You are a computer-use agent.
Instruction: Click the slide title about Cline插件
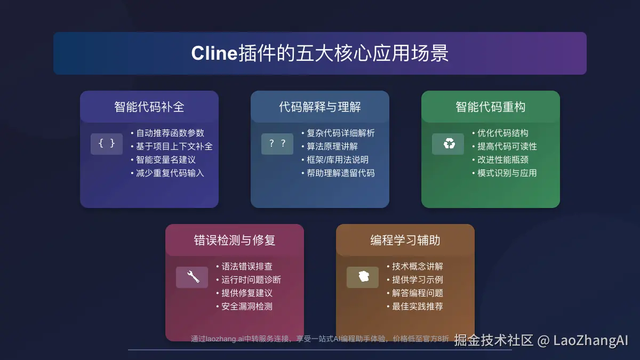(x=319, y=53)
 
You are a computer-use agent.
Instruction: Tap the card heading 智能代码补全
(x=149, y=107)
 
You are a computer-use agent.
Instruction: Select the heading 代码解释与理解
(x=320, y=107)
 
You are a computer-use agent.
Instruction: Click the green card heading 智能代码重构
(x=491, y=107)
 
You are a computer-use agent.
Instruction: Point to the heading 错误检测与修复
(x=235, y=240)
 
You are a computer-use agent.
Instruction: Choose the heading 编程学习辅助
(x=405, y=240)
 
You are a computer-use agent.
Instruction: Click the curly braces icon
(x=107, y=143)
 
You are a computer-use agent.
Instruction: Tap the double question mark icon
(x=277, y=143)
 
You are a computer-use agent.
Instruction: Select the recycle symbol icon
(x=448, y=143)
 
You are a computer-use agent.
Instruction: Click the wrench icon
(x=192, y=277)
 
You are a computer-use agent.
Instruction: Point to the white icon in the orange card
(x=363, y=277)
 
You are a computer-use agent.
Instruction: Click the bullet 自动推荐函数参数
(x=170, y=133)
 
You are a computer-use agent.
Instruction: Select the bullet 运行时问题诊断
(x=251, y=280)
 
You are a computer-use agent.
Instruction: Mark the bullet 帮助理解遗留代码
(x=341, y=173)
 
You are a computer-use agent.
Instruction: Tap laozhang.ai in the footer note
(x=224, y=338)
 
